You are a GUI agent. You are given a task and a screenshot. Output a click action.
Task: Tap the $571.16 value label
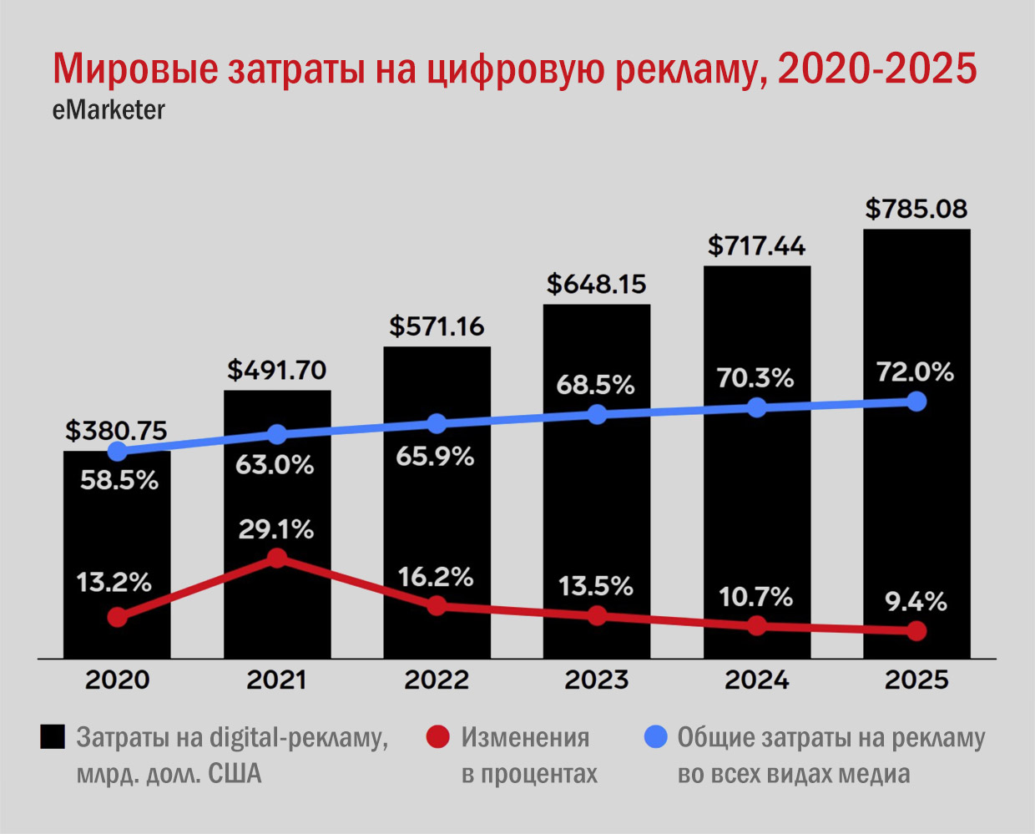pos(437,326)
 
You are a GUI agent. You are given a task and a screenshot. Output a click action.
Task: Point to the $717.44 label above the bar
pos(756,246)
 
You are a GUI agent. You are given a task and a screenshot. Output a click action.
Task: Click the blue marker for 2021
pos(277,434)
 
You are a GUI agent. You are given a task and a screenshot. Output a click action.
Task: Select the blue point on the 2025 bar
pos(916,402)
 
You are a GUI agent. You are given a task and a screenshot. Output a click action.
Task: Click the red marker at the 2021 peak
pos(277,559)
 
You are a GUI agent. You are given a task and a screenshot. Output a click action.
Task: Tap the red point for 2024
pos(756,626)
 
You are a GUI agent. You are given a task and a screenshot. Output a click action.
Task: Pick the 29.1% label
pos(276,529)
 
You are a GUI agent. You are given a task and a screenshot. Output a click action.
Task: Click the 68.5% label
pos(596,385)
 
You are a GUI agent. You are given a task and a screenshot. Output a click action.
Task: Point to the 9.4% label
pos(916,601)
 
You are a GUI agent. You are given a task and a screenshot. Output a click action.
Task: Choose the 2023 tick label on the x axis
pos(596,680)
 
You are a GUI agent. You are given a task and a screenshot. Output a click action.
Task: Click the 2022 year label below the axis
pos(437,680)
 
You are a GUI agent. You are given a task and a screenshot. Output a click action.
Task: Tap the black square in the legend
pos(53,737)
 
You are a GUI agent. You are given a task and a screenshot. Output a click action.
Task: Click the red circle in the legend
pos(438,737)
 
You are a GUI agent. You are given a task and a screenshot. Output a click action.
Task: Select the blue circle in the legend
pos(656,737)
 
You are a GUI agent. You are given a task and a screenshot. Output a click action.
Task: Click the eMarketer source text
pos(109,110)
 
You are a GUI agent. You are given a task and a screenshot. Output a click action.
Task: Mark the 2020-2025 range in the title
pos(876,69)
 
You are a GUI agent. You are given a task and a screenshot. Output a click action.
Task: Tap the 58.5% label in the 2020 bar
pos(119,480)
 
